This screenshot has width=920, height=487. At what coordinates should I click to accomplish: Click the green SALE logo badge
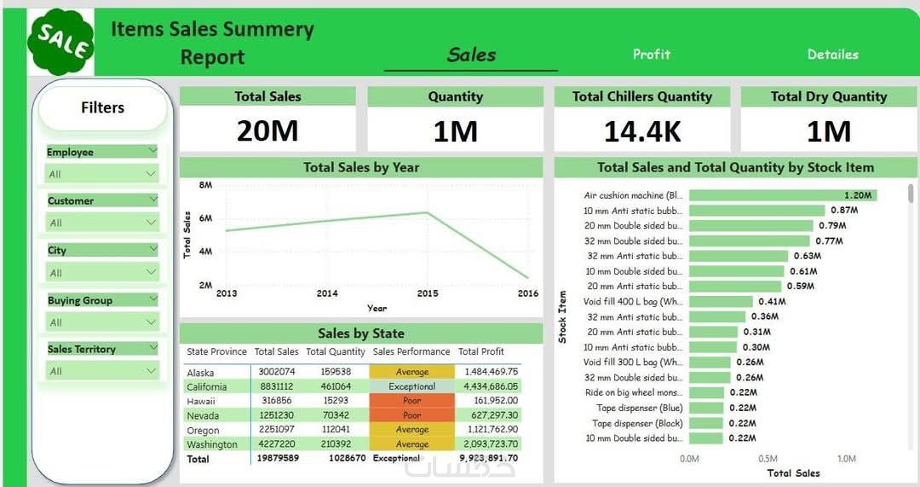click(60, 42)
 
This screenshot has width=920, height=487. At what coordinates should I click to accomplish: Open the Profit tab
click(652, 54)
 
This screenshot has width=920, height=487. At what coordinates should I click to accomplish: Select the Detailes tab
click(832, 54)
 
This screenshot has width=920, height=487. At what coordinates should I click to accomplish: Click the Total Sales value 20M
click(267, 130)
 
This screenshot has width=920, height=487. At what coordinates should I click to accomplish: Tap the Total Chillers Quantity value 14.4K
click(642, 130)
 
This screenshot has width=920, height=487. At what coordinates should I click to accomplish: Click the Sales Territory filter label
click(82, 349)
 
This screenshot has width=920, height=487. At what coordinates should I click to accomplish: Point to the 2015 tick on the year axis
click(428, 293)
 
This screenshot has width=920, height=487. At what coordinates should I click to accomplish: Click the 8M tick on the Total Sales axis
click(205, 184)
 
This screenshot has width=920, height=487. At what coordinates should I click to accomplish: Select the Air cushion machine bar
click(782, 195)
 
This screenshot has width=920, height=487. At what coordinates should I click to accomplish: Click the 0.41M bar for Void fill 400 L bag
click(721, 301)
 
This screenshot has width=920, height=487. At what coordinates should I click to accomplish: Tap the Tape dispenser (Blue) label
click(639, 408)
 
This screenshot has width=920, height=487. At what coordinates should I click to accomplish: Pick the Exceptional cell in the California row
click(412, 386)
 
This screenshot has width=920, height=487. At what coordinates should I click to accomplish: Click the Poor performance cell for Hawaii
click(412, 401)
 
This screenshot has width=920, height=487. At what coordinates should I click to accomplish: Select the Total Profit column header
click(481, 351)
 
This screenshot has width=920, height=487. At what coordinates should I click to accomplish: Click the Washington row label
click(212, 444)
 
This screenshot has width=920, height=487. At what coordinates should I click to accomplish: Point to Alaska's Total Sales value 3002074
click(276, 373)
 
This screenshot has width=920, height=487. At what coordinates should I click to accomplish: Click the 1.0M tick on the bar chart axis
click(846, 459)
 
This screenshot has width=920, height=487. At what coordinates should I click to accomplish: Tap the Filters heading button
click(102, 108)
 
